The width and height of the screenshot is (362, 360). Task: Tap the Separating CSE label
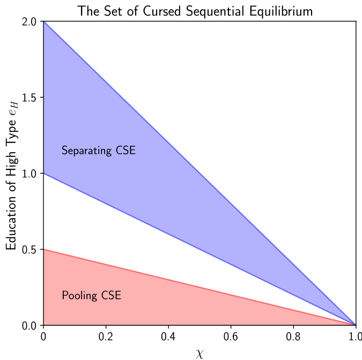(99, 151)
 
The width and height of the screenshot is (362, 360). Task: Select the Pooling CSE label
(92, 295)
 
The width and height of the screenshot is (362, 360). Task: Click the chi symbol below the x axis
(199, 352)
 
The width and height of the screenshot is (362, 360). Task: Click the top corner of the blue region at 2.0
(43, 21)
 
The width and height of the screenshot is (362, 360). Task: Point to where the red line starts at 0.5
(43, 250)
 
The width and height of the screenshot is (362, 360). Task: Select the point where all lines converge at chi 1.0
(355, 325)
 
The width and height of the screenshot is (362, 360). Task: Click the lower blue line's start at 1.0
(43, 174)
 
